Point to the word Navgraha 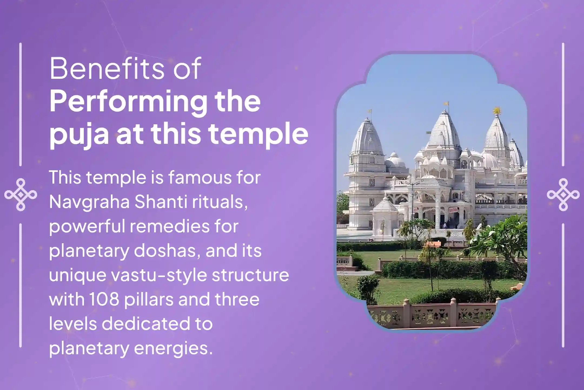(89, 202)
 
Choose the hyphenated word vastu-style (160, 275)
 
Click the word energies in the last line (173, 348)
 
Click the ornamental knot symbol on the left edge (21, 194)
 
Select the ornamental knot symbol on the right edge (563, 194)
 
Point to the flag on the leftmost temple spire (370, 111)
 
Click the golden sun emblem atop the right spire (496, 110)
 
